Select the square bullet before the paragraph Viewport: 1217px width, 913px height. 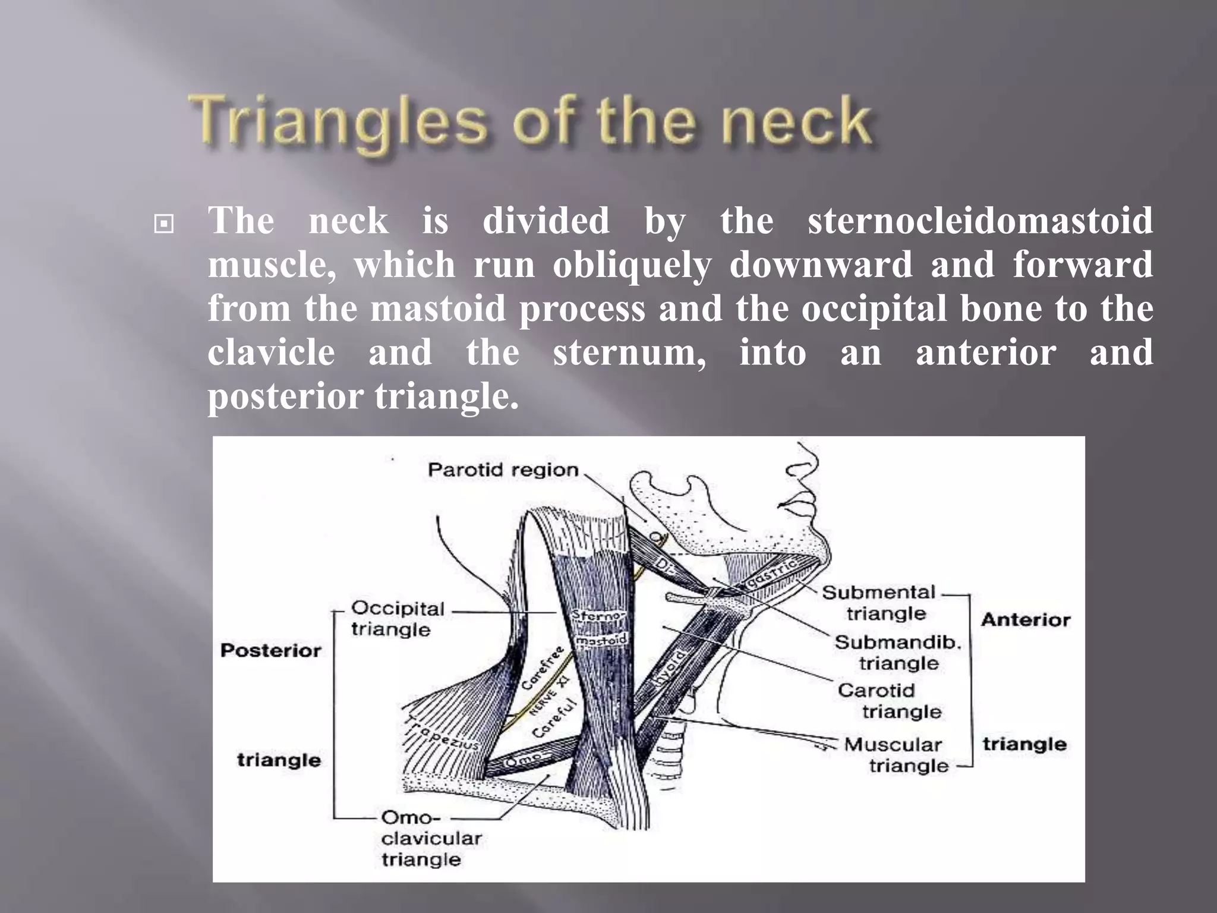click(163, 224)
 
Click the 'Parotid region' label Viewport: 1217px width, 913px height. click(503, 470)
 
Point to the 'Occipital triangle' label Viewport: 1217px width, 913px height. click(397, 619)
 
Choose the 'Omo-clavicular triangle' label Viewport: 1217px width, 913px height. click(430, 838)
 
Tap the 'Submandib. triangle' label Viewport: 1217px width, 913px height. click(897, 653)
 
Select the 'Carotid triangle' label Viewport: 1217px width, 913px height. click(889, 701)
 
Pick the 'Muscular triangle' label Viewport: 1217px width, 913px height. click(901, 755)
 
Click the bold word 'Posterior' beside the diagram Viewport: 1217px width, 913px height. click(270, 650)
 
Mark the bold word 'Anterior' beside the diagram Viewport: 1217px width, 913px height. click(1025, 620)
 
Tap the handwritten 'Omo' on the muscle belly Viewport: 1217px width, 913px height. click(523, 760)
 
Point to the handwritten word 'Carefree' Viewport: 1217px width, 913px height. click(542, 668)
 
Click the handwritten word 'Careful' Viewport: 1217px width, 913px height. click(554, 717)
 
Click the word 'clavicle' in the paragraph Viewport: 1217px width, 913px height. click(271, 352)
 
